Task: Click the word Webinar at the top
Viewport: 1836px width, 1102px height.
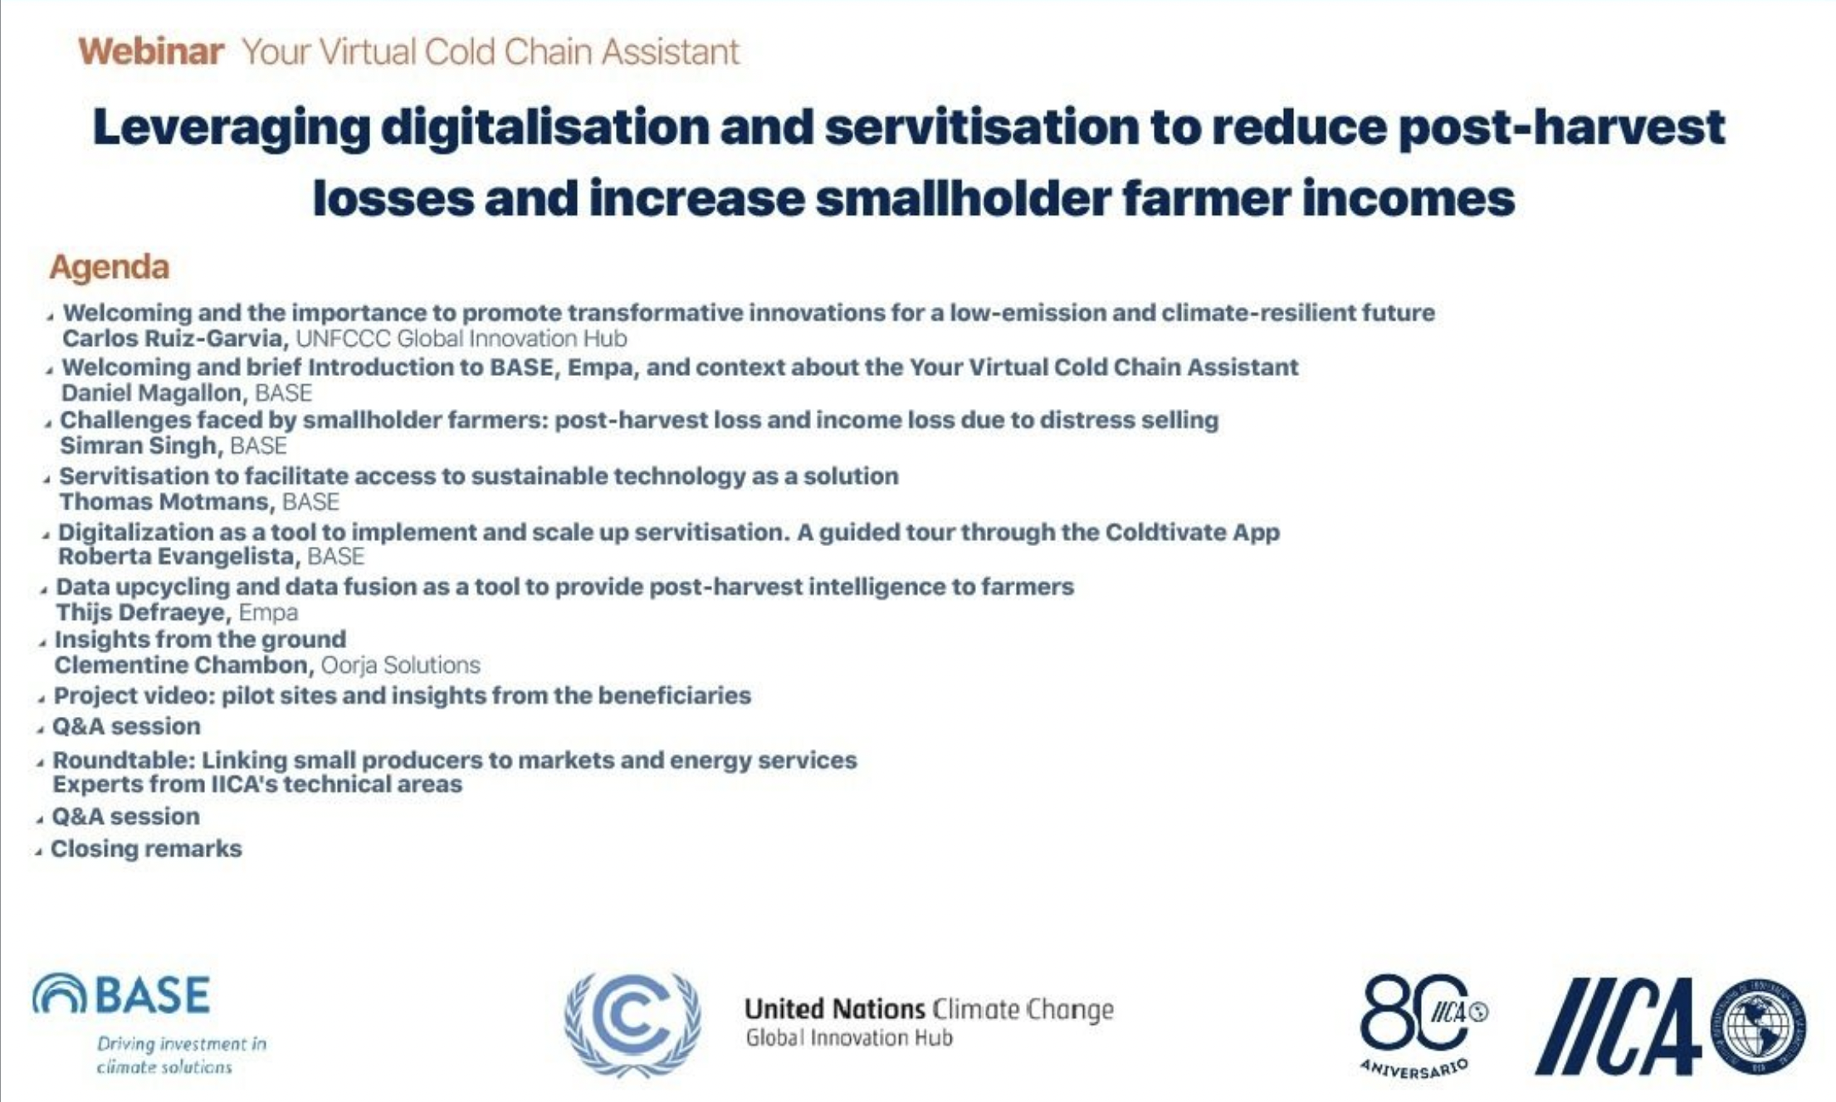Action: point(151,51)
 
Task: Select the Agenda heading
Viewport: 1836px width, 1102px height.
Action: point(110,267)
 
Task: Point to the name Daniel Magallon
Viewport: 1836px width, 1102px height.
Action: point(151,393)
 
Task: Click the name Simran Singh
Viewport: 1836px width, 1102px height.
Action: point(138,446)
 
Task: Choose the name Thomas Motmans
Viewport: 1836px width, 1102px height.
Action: point(164,501)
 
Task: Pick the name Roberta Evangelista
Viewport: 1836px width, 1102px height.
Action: point(176,556)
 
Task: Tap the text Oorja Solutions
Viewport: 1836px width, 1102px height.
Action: point(400,665)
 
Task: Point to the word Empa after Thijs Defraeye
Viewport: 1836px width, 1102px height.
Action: point(268,612)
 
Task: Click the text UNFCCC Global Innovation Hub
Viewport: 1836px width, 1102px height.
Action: point(461,339)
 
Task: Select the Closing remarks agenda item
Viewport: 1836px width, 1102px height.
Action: point(146,849)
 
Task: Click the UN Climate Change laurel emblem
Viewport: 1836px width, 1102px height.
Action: point(632,1024)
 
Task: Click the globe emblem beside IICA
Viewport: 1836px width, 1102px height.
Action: point(1760,1026)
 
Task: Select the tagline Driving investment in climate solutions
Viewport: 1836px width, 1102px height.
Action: point(182,1055)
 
